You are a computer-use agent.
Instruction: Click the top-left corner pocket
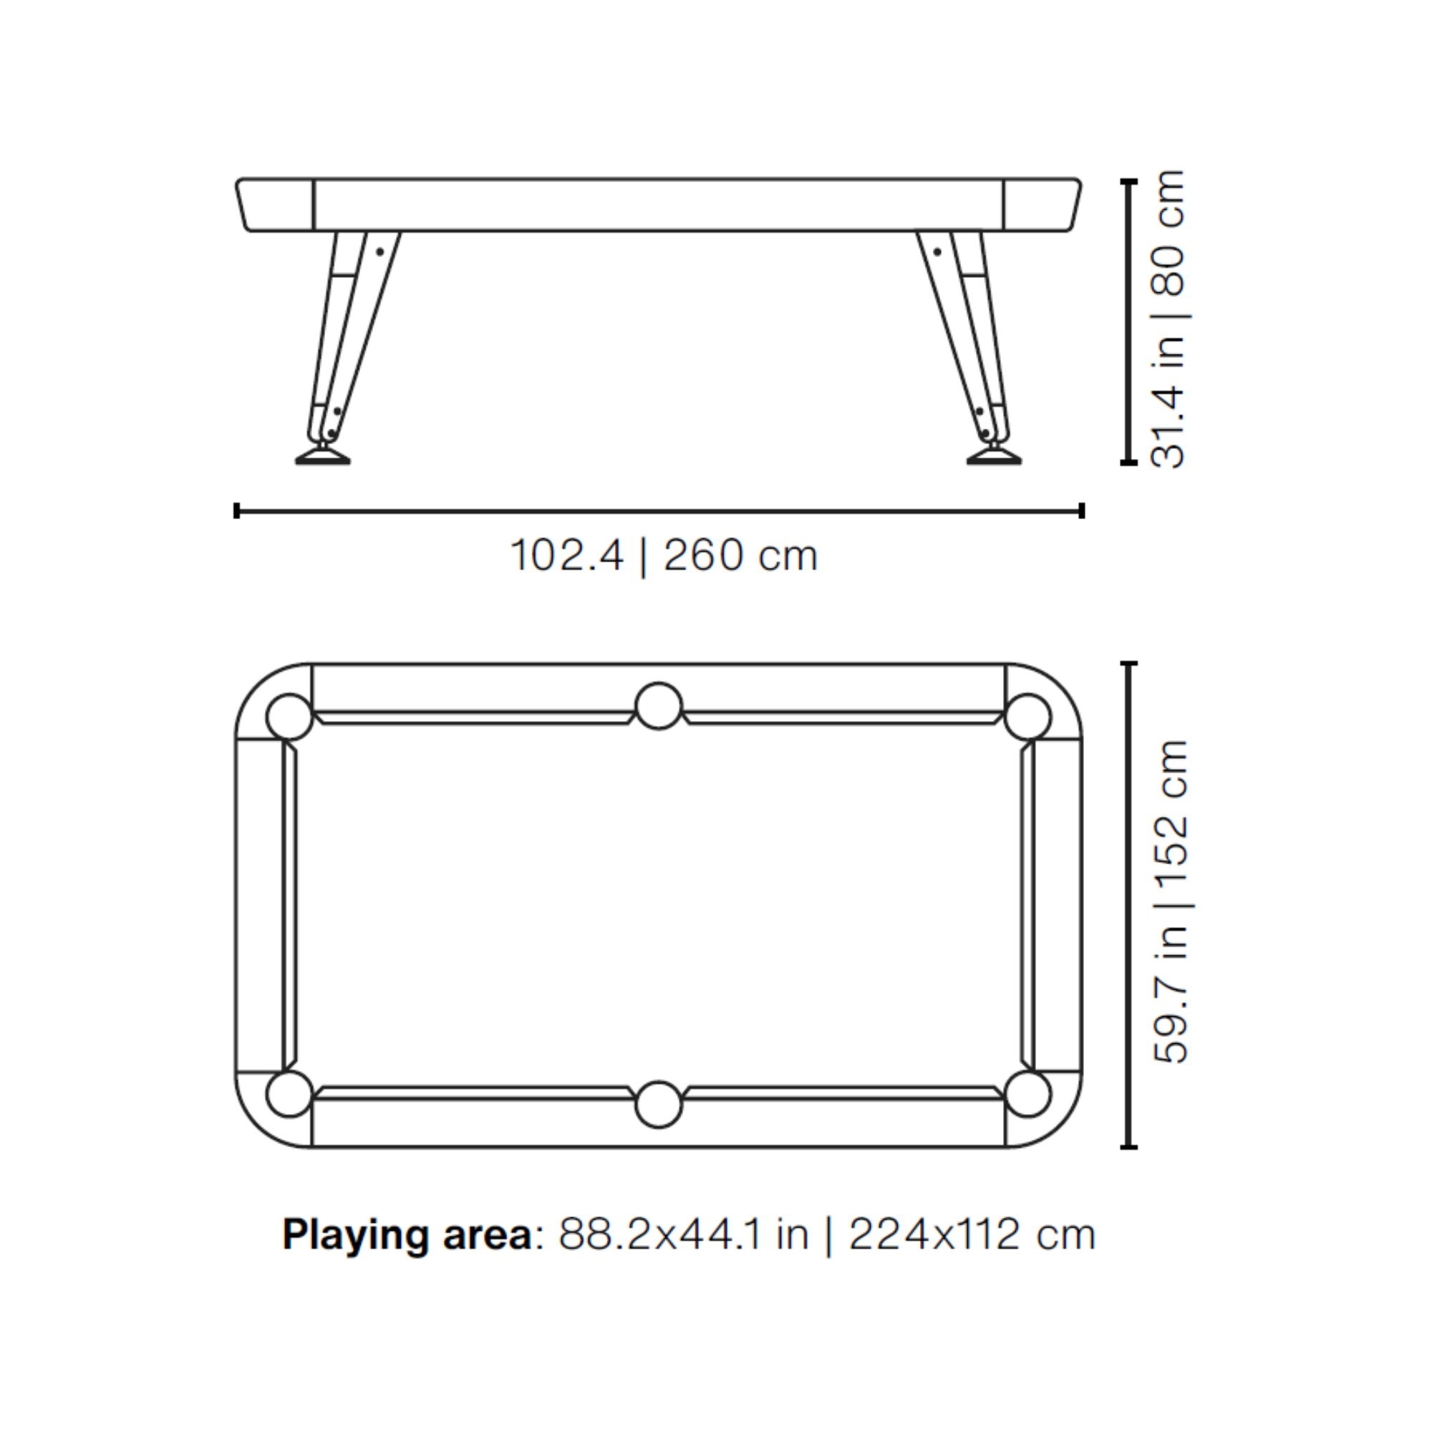tap(289, 717)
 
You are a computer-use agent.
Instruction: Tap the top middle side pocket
tap(658, 706)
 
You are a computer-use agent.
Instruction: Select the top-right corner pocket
tap(1027, 717)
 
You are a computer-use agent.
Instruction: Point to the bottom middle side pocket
tap(658, 1104)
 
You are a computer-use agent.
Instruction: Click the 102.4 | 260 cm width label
tap(664, 556)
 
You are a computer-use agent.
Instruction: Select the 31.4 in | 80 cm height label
tap(1168, 319)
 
